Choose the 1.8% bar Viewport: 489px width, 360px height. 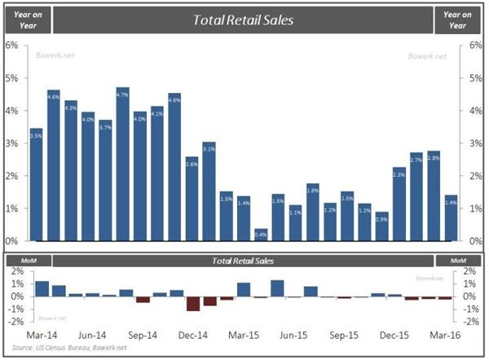click(x=312, y=213)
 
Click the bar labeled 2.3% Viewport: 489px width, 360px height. click(x=399, y=204)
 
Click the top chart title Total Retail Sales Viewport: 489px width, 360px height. click(x=243, y=20)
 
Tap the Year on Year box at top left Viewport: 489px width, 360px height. click(x=27, y=20)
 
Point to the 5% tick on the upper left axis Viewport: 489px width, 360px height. click(x=11, y=77)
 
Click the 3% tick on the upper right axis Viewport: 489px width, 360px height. click(x=475, y=143)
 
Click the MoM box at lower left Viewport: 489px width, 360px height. click(x=27, y=261)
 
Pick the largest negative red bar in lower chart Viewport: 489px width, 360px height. click(x=192, y=304)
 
